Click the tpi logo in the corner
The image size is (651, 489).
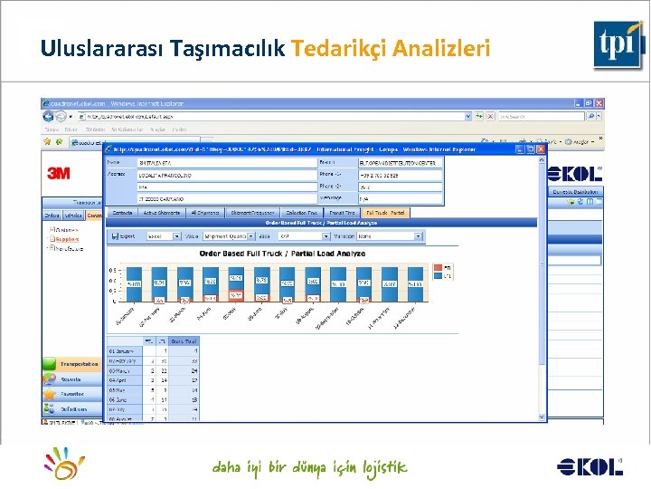[x=618, y=43]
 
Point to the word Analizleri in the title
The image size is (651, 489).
[x=441, y=48]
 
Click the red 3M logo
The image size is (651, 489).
[x=59, y=172]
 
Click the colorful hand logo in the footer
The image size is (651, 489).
[x=67, y=465]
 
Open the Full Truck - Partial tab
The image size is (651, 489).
[x=387, y=213]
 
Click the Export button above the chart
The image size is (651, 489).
[x=127, y=235]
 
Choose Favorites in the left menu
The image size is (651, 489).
[x=71, y=395]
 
